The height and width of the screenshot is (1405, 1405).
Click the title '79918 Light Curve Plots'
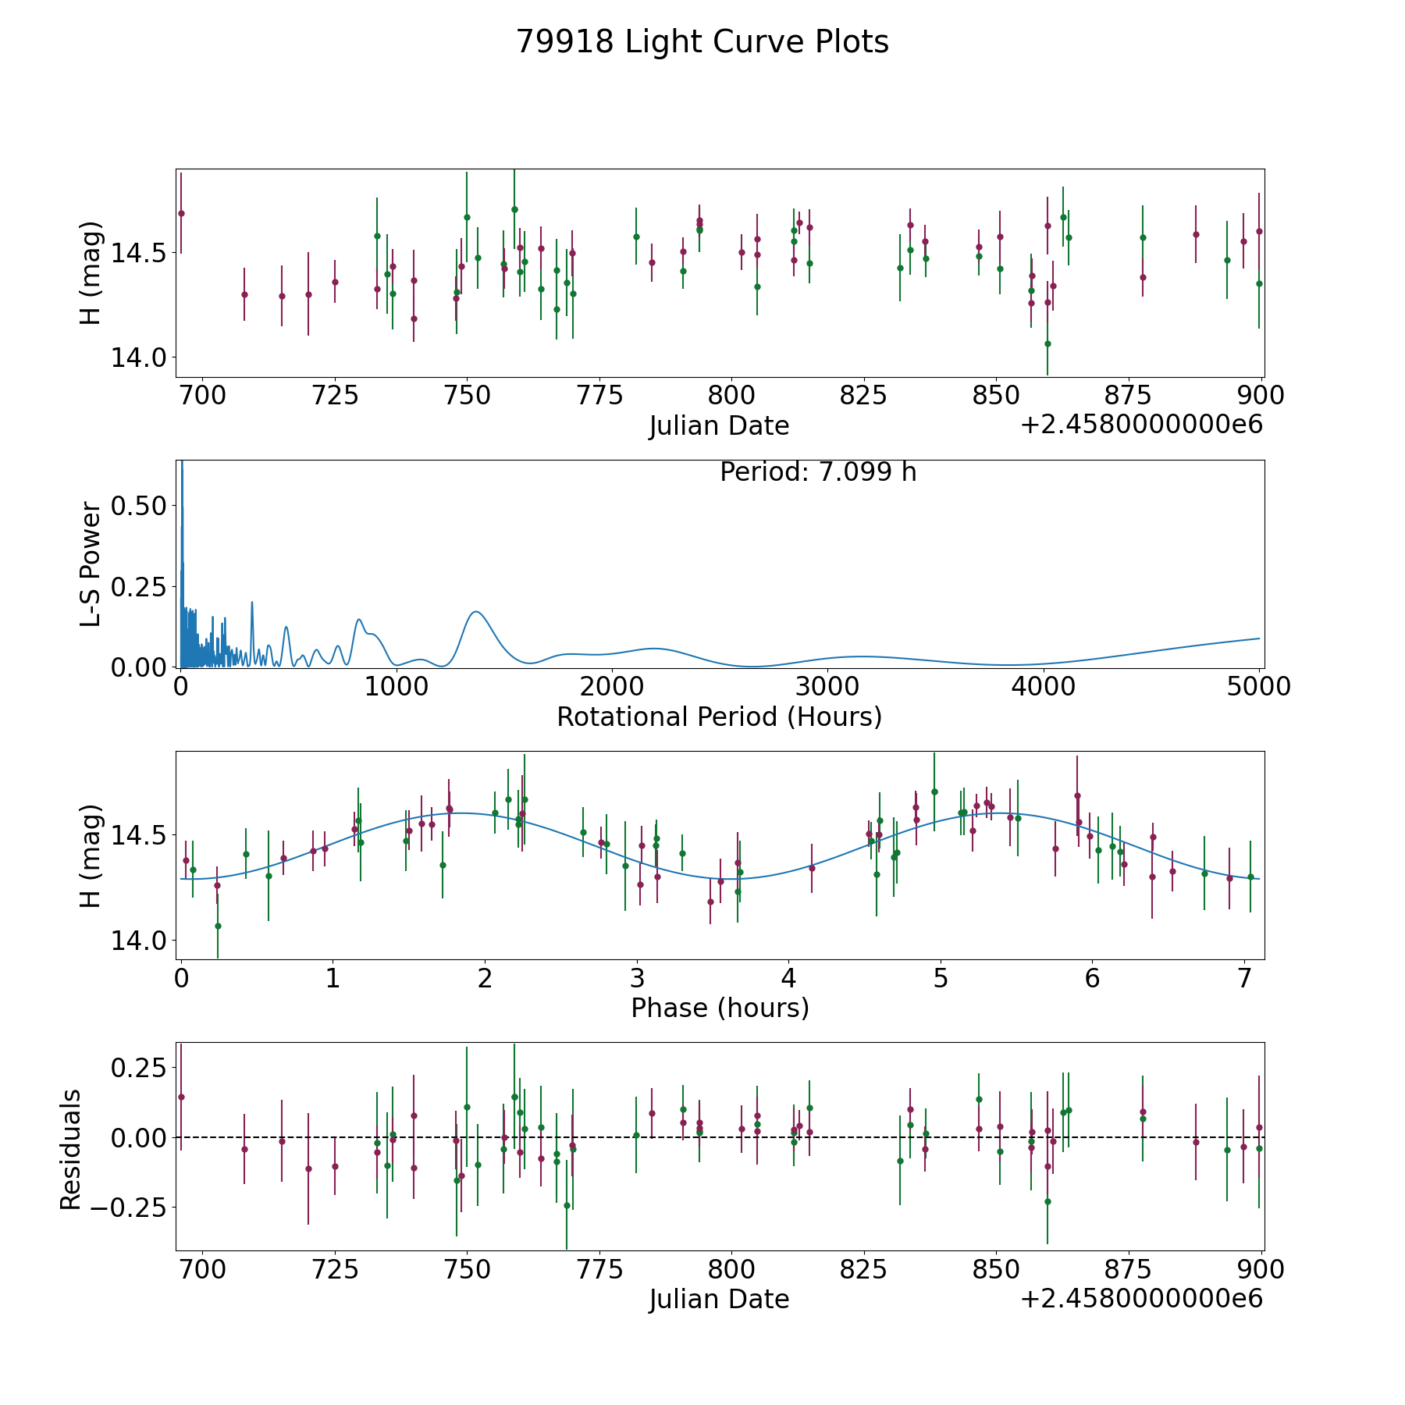(702, 42)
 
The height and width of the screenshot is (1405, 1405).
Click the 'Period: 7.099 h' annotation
(818, 472)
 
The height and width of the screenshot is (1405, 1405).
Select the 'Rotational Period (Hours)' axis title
(720, 717)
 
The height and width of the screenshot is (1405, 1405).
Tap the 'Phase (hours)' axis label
(720, 1008)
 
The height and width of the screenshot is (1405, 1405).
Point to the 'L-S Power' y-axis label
(91, 564)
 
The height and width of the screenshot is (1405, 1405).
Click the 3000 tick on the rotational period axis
(827, 686)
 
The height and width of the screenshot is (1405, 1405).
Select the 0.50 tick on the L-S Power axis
(139, 506)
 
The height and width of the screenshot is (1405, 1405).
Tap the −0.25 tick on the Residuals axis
(130, 1208)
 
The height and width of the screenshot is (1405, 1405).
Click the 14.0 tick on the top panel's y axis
(139, 357)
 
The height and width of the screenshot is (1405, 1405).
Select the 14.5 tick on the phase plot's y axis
(139, 836)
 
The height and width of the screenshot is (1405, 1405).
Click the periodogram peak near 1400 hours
(475, 611)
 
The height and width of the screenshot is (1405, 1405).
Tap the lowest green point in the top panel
(1048, 343)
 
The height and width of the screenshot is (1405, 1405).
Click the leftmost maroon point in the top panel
(181, 213)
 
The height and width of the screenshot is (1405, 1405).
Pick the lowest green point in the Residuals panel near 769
(567, 1205)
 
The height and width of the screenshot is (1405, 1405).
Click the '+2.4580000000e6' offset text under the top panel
(1142, 425)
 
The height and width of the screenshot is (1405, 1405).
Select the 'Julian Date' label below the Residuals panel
(720, 1299)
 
